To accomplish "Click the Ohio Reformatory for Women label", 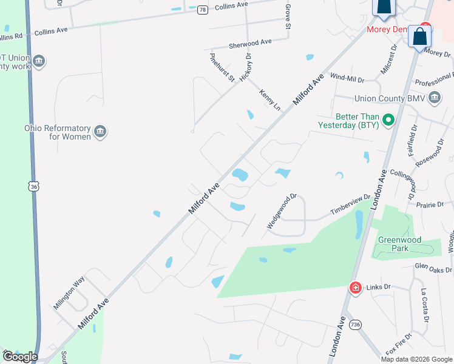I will point(57,132).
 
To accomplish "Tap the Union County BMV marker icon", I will point(435,98).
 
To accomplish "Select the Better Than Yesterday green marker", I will point(389,121).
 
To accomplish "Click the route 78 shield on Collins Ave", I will point(202,9).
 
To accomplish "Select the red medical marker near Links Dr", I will point(355,287).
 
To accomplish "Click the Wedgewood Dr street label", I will point(282,211).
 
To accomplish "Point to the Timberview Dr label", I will point(350,204).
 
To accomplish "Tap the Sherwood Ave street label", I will point(250,44).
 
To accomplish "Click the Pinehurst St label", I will point(222,67).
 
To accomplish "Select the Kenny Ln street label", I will point(271,100).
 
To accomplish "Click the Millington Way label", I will point(69,294).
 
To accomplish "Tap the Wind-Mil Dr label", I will point(347,79).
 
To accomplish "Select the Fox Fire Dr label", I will point(399,343).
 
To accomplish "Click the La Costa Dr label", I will point(425,305).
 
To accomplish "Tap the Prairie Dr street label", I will point(430,205).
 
